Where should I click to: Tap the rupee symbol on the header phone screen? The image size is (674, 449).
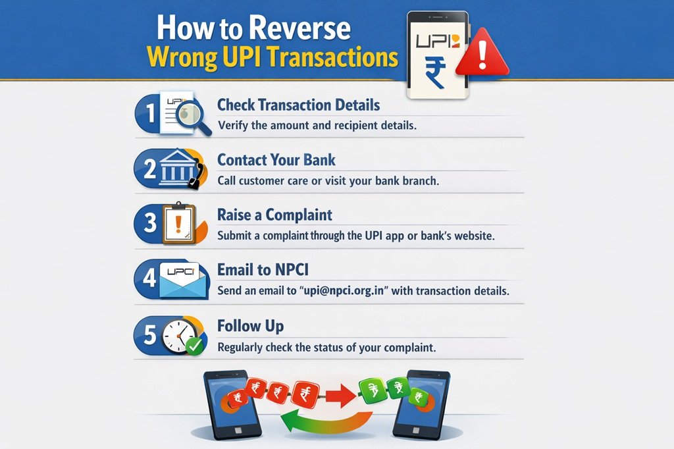[x=436, y=74]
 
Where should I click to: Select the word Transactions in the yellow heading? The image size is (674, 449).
[x=332, y=57]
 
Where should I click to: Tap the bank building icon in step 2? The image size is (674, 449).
[x=177, y=168]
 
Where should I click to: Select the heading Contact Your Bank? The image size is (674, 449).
[x=276, y=160]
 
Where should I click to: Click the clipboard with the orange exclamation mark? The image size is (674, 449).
[x=178, y=224]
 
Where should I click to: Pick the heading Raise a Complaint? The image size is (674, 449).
[x=274, y=215]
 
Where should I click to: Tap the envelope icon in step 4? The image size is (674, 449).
[x=183, y=280]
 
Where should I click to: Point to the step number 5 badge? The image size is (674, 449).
[x=150, y=335]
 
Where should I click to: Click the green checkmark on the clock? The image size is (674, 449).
[x=195, y=346]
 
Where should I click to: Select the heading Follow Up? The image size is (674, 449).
[x=250, y=326]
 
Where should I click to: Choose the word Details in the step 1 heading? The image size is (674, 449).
[x=357, y=105]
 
